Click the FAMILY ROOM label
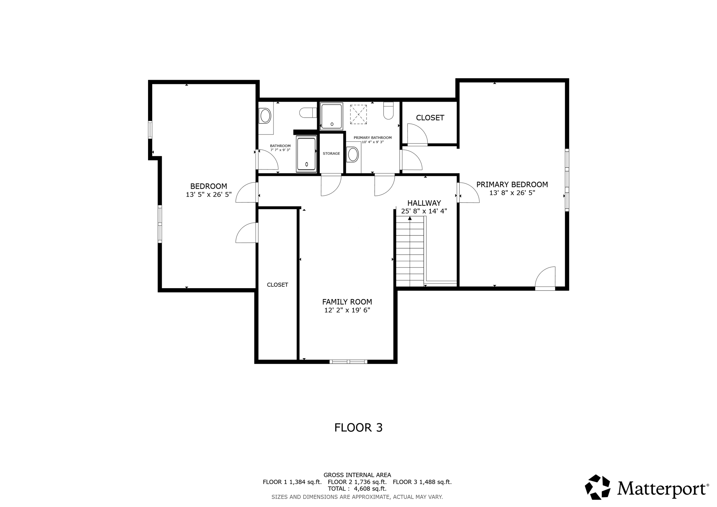347,302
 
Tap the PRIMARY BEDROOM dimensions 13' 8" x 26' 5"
512,193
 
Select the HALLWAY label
424,203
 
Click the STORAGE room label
331,154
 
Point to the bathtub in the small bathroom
306,154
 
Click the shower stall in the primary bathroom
331,116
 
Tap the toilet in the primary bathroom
388,111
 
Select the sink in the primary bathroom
353,154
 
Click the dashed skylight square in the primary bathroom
358,114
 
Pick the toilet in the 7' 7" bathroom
307,113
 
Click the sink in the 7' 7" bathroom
265,116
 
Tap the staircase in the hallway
410,252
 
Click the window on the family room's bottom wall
348,362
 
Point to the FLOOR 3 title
358,428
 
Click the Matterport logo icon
598,487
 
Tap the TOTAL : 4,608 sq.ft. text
357,489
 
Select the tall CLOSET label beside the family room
277,285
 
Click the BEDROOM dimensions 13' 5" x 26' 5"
209,195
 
